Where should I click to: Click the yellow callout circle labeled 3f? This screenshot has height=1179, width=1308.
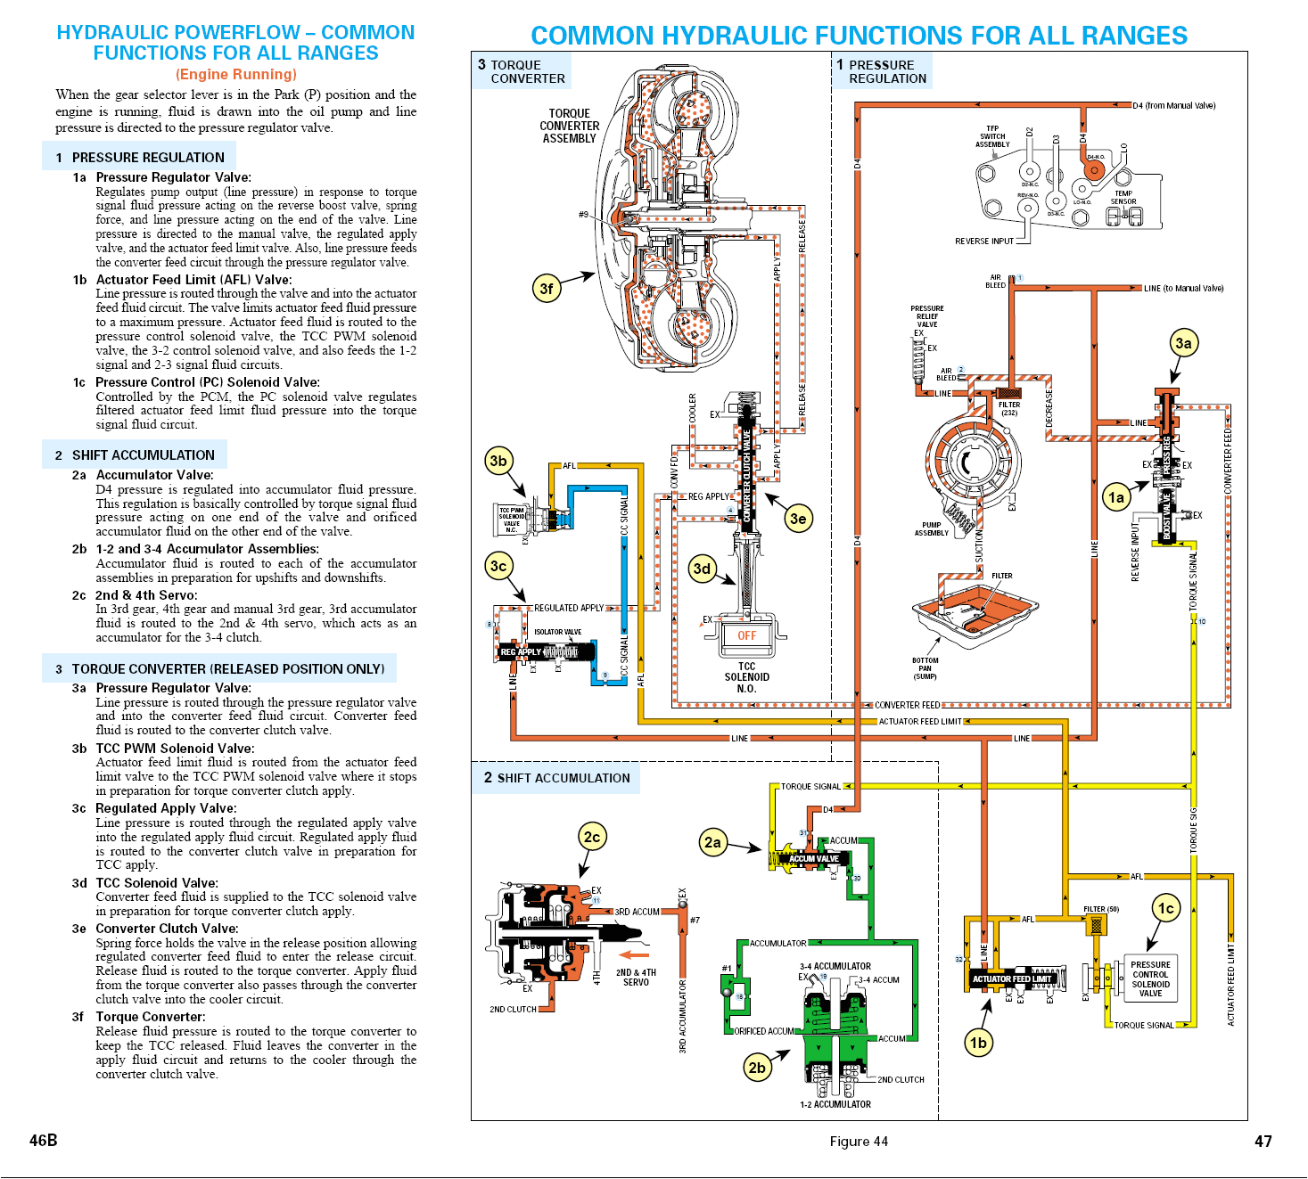pos(547,288)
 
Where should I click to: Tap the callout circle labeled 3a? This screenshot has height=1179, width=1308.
pos(1183,343)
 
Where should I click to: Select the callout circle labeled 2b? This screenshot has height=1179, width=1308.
pos(757,1067)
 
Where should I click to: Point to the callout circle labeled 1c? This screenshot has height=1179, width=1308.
pos(1165,908)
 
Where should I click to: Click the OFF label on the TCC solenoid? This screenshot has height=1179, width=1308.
pos(746,635)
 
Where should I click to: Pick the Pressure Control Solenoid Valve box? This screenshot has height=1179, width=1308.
pos(1150,978)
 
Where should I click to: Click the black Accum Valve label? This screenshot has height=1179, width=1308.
pos(813,859)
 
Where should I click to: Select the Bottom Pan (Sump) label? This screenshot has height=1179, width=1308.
pos(925,668)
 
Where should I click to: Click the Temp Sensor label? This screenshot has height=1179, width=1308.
pos(1123,197)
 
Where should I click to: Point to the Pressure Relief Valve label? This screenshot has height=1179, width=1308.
pos(927,316)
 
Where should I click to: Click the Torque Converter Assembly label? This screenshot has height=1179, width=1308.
pos(569,126)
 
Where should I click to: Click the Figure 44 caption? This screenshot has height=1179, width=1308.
pos(858,1142)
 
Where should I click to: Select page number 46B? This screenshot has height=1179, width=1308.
pos(43,1140)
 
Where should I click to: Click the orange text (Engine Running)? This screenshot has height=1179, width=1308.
pos(235,74)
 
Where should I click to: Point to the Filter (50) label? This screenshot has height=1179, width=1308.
pos(1100,909)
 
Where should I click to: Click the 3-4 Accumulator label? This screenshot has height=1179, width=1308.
pos(835,966)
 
